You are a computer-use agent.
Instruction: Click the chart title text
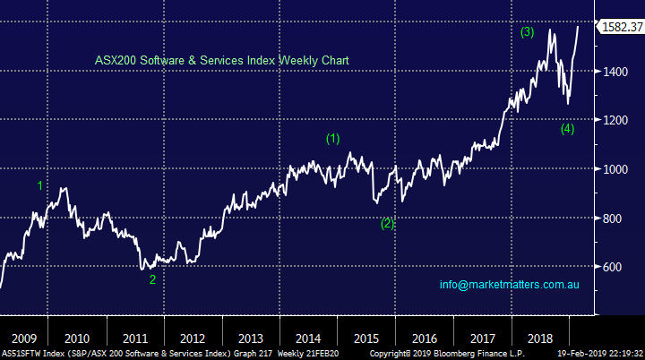221,60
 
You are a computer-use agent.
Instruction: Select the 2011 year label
134,339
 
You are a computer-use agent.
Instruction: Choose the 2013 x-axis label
251,339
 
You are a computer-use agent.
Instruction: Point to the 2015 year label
367,339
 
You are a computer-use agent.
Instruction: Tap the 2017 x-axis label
482,339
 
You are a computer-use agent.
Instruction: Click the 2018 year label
540,339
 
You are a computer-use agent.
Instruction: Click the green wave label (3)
528,33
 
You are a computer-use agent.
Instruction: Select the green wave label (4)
567,128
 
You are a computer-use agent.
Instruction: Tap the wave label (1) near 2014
332,139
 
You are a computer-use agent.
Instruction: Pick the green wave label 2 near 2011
152,279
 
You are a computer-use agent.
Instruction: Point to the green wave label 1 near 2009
39,185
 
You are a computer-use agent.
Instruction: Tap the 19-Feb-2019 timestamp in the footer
592,354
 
